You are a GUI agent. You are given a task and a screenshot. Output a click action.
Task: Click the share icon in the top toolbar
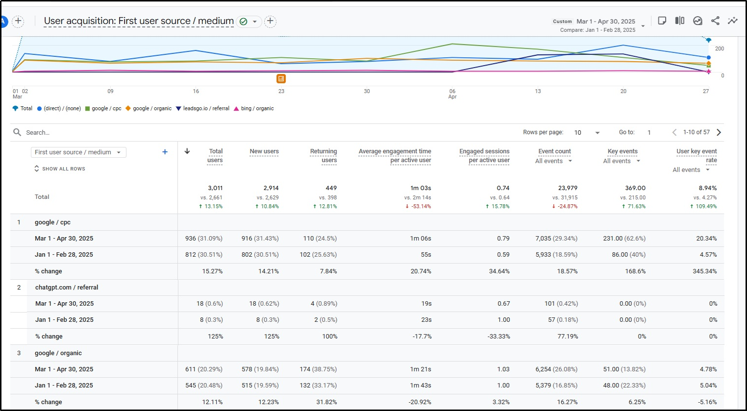pos(715,21)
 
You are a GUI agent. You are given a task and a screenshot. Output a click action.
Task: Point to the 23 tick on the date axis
pos(281,91)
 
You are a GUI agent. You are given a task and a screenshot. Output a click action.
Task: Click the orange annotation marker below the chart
pos(281,78)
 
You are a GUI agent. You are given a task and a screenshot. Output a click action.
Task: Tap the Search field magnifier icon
pos(17,132)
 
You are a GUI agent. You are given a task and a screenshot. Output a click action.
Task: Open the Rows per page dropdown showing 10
pos(587,132)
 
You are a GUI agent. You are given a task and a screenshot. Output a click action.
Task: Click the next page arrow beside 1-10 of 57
pos(719,132)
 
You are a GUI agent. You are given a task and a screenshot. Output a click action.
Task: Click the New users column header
pos(264,151)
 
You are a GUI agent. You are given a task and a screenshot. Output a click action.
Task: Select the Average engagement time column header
pos(395,155)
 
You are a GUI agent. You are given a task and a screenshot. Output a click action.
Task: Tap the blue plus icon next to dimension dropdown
pos(165,152)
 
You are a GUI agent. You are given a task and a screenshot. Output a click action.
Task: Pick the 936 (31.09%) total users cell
pos(203,239)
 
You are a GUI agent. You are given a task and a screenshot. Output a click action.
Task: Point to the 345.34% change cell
pos(704,271)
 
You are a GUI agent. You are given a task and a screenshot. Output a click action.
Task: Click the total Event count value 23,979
pos(568,188)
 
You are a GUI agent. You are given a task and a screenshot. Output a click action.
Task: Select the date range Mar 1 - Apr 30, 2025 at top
pos(606,22)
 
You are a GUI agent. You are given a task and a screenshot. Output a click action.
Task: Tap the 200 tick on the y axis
pos(719,48)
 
